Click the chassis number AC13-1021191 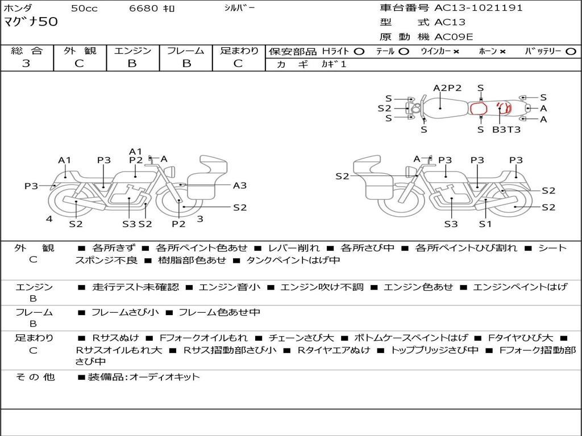pos(478,7)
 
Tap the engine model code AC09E pos(454,37)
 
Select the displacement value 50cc pos(84,9)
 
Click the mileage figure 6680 pos(143,8)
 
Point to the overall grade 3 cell pos(26,64)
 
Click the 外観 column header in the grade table pos(80,51)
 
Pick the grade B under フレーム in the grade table pos(186,64)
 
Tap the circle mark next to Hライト pos(359,52)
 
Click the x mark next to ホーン pos(502,52)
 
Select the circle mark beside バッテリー pos(571,52)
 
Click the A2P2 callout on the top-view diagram pos(447,88)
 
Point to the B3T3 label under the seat pos(506,129)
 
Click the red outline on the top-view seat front pos(479,108)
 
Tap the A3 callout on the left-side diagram pos(240,186)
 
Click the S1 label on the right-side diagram pos(485,224)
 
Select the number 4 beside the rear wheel pos(49,219)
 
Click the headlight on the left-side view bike pos(171,172)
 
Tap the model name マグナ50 pos(31,22)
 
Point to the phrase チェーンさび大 pos(301,338)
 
